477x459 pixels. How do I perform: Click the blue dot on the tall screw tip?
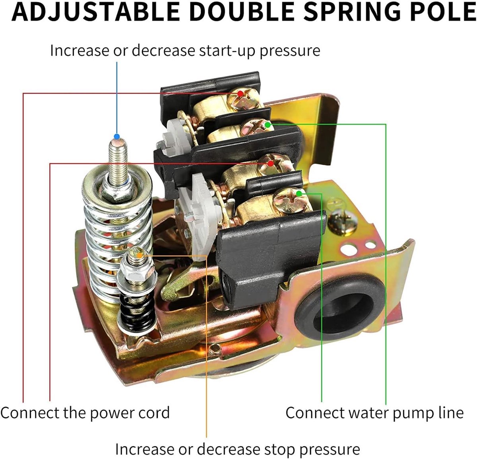[117, 136]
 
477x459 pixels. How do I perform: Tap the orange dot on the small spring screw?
[140, 256]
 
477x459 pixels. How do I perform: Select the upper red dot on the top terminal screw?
[240, 94]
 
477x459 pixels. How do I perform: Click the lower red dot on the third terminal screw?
[270, 163]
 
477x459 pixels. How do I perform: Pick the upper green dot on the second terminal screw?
[268, 125]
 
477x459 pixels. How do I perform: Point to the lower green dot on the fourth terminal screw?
[299, 193]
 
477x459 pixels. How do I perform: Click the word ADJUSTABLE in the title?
[96, 12]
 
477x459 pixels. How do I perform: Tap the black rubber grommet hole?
[340, 309]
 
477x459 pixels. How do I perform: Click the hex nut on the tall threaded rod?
[118, 191]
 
